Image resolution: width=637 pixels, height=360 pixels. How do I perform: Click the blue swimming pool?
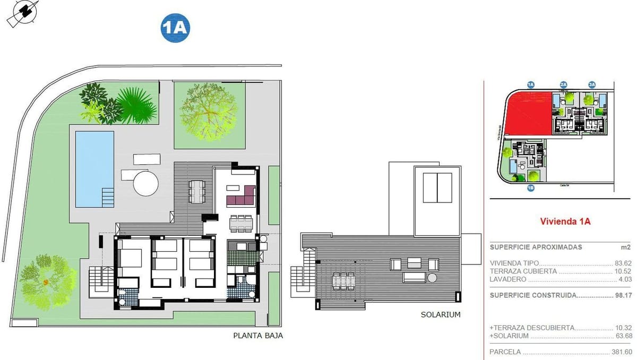click(94, 168)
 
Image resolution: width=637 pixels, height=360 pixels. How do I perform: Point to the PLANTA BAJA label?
click(258, 336)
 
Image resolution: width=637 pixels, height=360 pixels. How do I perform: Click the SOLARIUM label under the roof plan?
click(441, 315)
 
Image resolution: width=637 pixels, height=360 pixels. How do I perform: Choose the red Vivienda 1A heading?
click(565, 221)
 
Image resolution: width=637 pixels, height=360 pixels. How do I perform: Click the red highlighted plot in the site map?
click(528, 114)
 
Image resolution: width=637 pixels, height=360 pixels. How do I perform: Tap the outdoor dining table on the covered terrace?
click(197, 191)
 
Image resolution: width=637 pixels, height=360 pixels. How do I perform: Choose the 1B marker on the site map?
click(530, 188)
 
